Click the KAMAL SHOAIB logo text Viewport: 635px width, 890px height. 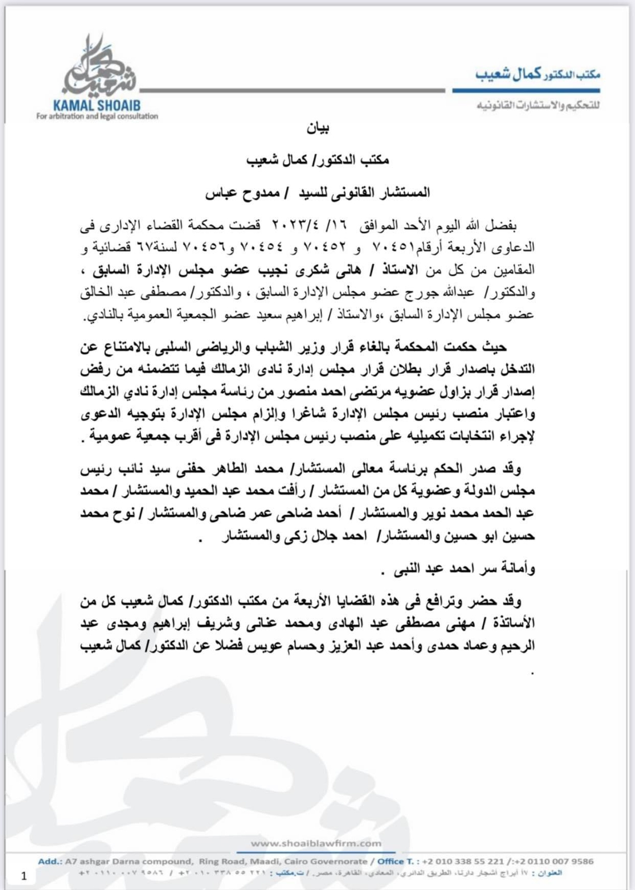click(97, 105)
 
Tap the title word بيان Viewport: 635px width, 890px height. click(317, 129)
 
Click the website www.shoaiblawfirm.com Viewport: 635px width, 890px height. click(316, 843)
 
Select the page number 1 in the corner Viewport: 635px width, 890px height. click(24, 876)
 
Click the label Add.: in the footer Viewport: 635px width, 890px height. click(50, 861)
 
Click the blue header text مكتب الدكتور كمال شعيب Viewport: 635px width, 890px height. click(537, 74)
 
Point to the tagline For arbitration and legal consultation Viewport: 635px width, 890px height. click(97, 116)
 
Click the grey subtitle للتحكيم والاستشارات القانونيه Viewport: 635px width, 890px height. click(537, 105)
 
